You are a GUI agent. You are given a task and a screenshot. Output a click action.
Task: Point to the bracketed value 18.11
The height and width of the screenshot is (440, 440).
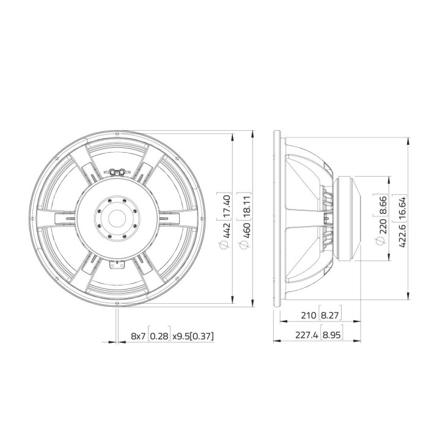(x=244, y=203)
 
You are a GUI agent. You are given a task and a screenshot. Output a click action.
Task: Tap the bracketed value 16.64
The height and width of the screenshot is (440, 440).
(x=401, y=204)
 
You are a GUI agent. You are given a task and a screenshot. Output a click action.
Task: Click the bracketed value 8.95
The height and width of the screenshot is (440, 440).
(x=331, y=335)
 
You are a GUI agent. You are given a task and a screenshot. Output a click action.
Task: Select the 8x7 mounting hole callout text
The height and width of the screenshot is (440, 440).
(x=139, y=335)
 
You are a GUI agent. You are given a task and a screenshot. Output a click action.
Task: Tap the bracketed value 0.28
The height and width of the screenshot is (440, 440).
(x=159, y=335)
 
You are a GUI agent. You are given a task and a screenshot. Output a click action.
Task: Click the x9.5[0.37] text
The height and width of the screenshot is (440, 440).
(x=193, y=335)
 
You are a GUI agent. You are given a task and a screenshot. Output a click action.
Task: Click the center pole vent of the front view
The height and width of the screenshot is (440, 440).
(x=116, y=216)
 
